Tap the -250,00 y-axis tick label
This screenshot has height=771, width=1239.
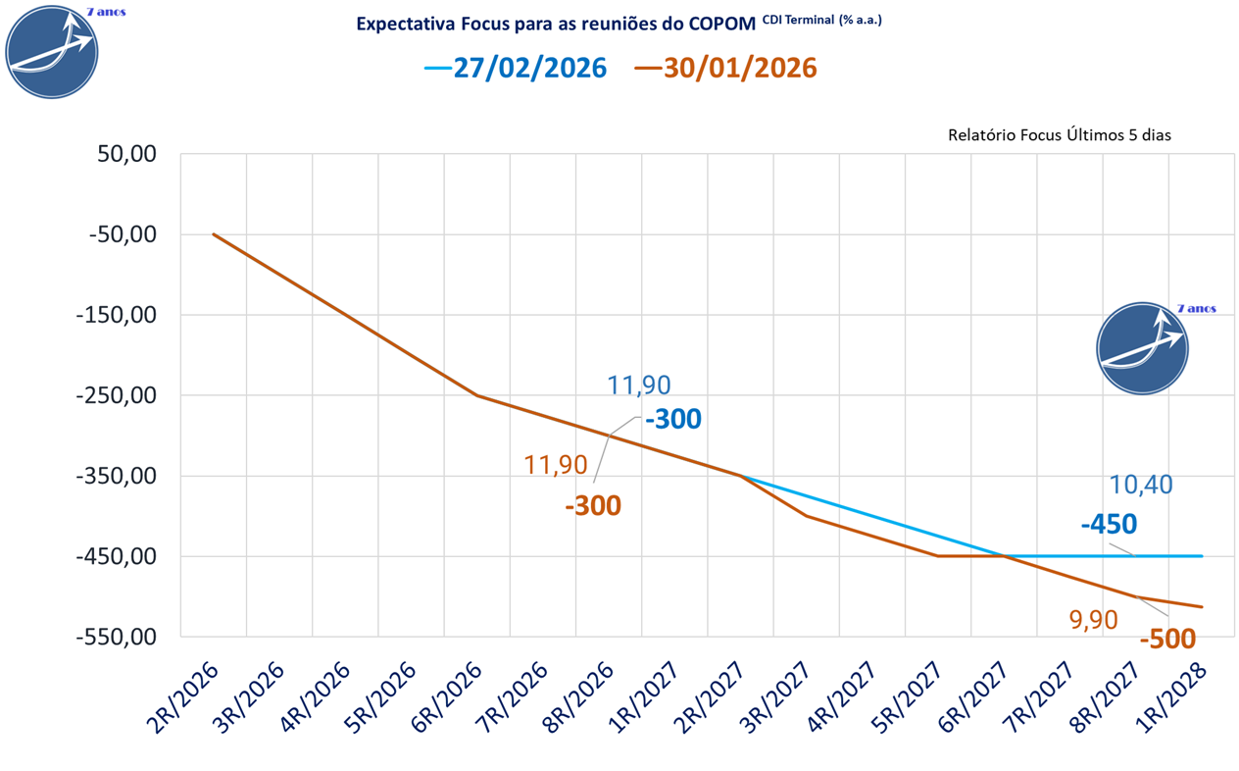tap(121, 396)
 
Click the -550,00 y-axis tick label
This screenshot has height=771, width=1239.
tap(121, 638)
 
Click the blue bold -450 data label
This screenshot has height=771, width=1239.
tap(1109, 524)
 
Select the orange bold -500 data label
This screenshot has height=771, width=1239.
tap(1167, 640)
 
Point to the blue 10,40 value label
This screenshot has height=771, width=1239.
tap(1141, 485)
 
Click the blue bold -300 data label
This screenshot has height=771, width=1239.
tap(672, 420)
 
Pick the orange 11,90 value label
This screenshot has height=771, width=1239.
tap(555, 465)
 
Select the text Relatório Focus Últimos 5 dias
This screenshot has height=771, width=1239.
tap(1060, 135)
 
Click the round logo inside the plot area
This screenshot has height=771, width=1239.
tap(1143, 348)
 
